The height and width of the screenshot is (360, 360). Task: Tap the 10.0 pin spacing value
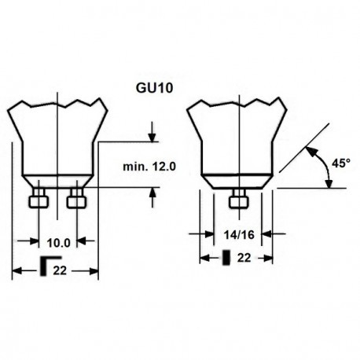[x=57, y=242]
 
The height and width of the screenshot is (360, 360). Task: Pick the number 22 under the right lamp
[x=245, y=256]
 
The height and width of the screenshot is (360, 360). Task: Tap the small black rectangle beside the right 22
[x=226, y=256]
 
